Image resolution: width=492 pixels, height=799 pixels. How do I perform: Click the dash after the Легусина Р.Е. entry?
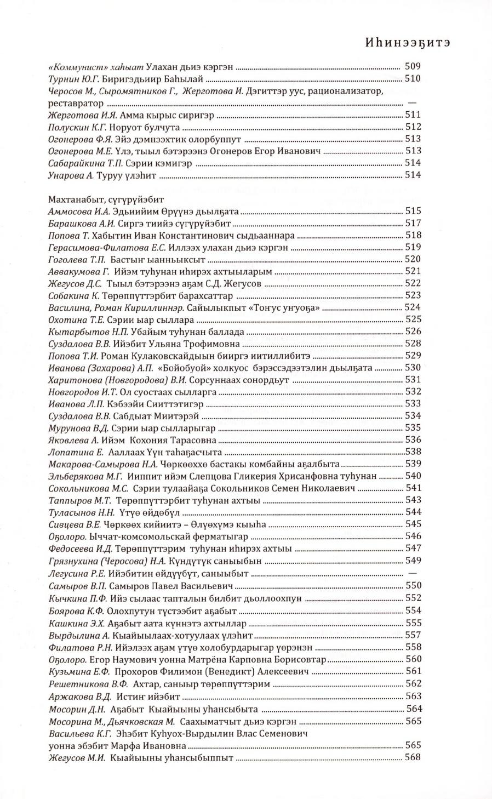[413, 573]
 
